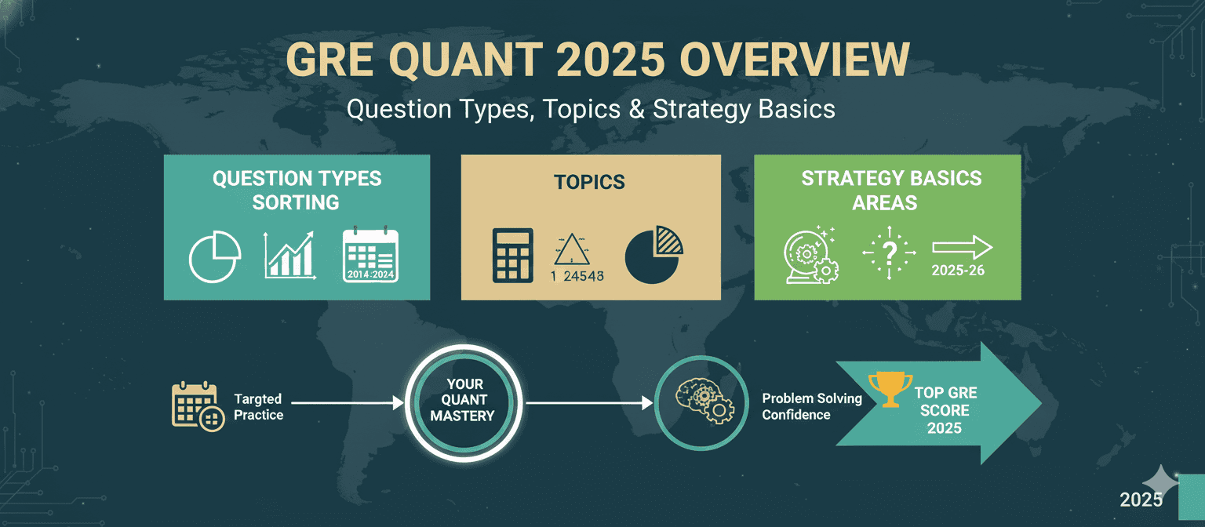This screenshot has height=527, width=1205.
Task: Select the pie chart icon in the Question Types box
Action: coord(215,256)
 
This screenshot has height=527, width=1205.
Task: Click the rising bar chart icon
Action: coord(289,255)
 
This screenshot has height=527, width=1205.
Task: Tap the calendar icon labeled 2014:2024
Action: coord(370,255)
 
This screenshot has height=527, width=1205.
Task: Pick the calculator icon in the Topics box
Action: coord(512,256)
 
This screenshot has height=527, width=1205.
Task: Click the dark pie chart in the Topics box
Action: coord(653,255)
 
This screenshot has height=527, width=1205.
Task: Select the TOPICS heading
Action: coord(590,182)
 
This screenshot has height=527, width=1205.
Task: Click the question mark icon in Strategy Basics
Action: coord(889,253)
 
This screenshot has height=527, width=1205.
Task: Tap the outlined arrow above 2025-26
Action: coord(963,248)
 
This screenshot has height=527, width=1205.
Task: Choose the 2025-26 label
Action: coord(958,271)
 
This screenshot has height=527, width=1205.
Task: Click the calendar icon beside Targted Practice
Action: coord(198,406)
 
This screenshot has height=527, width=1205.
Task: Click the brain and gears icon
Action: coord(701,403)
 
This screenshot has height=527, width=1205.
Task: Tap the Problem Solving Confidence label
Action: coord(812,406)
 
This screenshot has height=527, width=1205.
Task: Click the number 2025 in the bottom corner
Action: coord(1141,500)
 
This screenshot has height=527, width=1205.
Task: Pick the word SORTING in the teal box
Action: coord(296,203)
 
